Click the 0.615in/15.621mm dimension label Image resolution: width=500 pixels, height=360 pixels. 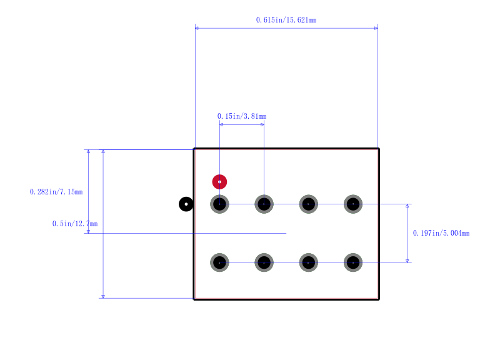tap(286, 20)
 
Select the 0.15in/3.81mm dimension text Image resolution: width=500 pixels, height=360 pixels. tap(242, 116)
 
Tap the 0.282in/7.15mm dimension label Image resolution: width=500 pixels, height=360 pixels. tap(56, 192)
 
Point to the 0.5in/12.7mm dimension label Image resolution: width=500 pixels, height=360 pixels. tap(75, 224)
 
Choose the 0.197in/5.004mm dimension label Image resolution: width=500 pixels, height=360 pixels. tap(441, 233)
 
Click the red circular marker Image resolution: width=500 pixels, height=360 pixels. tap(220, 182)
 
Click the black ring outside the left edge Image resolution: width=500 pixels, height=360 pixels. tap(186, 204)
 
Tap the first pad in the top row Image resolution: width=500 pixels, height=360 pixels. tap(220, 204)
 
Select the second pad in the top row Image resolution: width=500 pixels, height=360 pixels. tap(264, 204)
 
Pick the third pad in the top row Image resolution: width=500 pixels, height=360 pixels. tap(309, 204)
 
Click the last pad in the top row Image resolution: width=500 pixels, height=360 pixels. tap(353, 204)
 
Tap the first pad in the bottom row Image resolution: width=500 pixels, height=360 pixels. tap(220, 262)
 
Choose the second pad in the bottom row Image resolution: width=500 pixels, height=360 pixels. tap(264, 262)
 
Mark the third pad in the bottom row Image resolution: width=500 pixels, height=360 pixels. tap(309, 262)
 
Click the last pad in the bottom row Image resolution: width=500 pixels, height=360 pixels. tap(353, 262)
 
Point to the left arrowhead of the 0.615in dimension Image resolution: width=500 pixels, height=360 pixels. tap(197, 28)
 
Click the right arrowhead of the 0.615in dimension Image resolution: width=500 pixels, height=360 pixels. tap(376, 28)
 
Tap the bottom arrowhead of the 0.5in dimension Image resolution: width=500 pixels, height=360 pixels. tap(103, 296)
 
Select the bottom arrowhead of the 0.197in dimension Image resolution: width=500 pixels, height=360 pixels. tap(407, 261)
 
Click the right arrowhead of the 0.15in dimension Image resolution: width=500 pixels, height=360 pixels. tap(262, 124)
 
